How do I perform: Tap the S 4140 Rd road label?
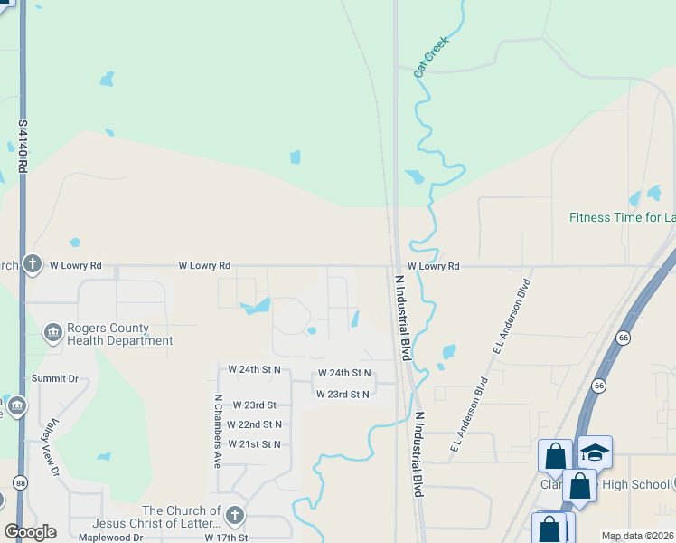point(23,146)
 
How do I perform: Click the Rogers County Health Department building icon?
point(52,334)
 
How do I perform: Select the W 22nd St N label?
point(254,424)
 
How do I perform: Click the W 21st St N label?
point(254,444)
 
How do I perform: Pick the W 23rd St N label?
point(343,394)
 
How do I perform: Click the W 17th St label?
point(226,538)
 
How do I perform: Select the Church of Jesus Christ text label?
point(181,518)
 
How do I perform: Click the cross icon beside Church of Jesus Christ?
point(234,516)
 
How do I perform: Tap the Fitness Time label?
point(622,217)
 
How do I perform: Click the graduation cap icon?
point(595,452)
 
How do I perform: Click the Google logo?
point(30,532)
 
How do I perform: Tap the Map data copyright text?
point(637,537)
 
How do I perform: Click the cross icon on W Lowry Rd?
point(33,264)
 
